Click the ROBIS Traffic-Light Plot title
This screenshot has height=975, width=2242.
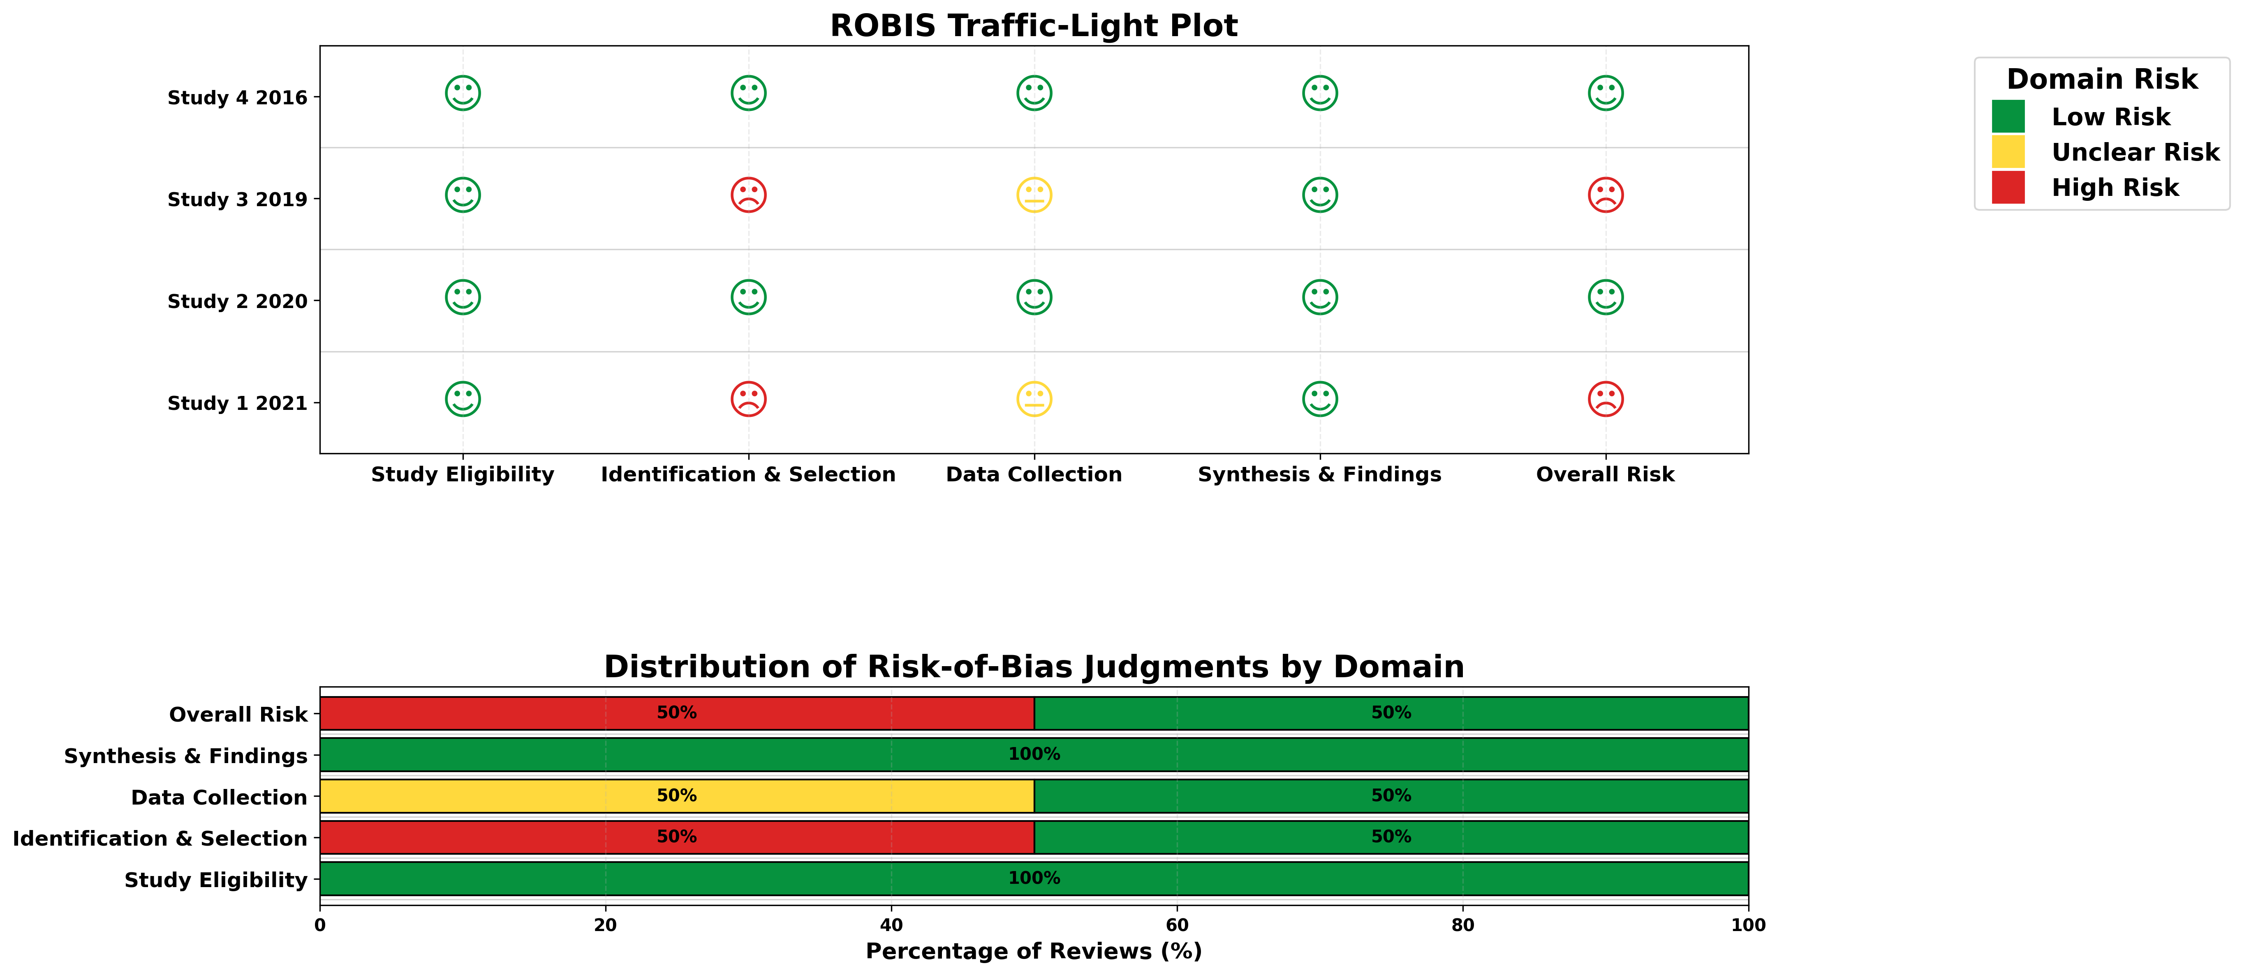click(x=1033, y=26)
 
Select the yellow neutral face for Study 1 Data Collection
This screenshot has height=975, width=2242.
click(x=1034, y=399)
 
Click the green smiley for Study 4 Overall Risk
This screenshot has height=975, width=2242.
click(x=1605, y=93)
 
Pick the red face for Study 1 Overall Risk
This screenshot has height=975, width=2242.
click(x=1605, y=399)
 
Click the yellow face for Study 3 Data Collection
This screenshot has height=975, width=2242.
click(x=1034, y=195)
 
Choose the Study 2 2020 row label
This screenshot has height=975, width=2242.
click(x=238, y=302)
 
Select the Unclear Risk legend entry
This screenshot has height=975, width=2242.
click(x=2135, y=152)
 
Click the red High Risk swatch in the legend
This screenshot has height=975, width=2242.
click(x=2008, y=187)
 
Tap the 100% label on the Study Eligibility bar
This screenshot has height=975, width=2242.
click(x=1034, y=878)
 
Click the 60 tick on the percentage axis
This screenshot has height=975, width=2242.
click(x=1177, y=925)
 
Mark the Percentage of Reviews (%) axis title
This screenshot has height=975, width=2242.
click(x=1033, y=952)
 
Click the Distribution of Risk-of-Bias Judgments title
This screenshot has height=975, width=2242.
click(x=1033, y=667)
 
